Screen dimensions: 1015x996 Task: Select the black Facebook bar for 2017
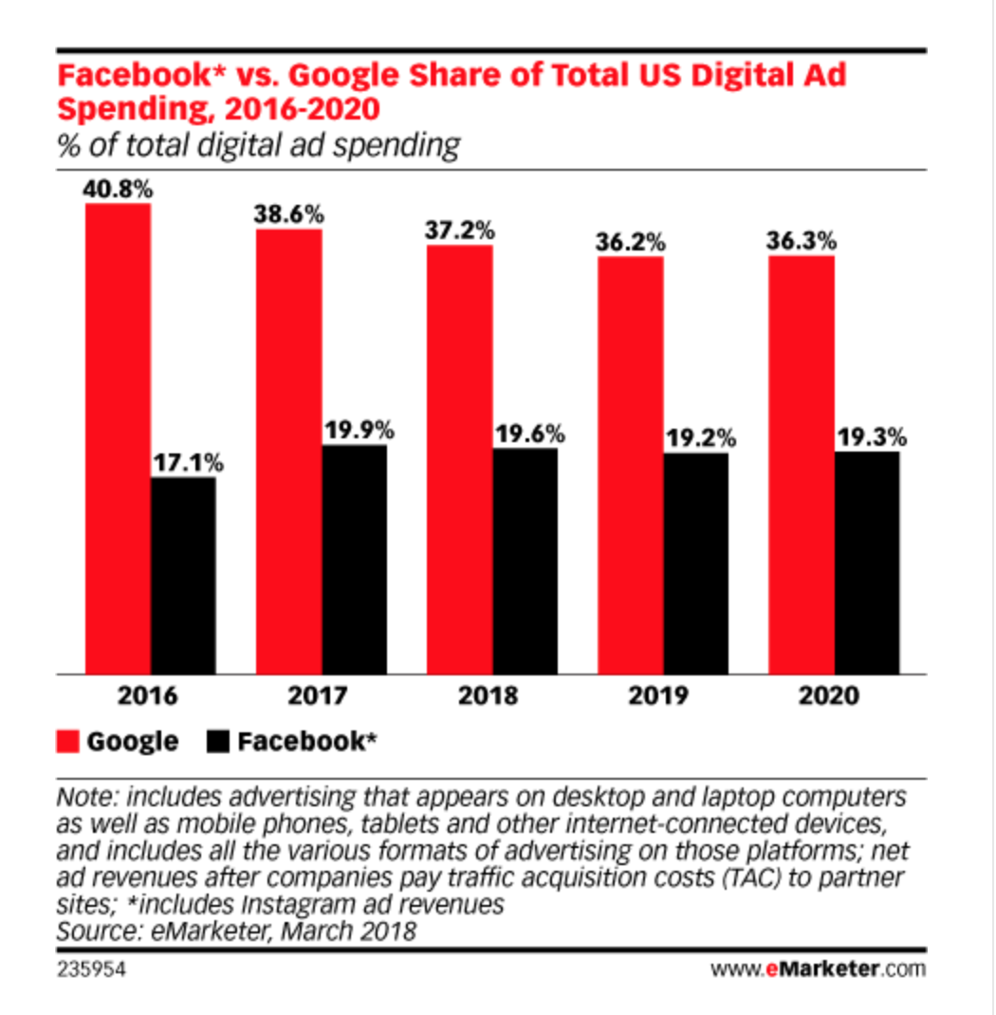click(354, 560)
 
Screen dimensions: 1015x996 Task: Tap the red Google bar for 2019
click(630, 465)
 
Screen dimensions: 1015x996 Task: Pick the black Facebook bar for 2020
click(867, 563)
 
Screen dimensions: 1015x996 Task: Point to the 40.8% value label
click(118, 189)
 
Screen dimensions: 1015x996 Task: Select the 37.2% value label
click(459, 231)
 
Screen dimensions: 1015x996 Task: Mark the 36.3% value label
click(802, 241)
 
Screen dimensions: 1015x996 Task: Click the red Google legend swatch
click(68, 741)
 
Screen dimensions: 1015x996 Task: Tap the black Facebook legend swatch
click(218, 741)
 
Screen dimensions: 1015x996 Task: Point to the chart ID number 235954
click(92, 969)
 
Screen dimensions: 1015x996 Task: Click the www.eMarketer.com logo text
click(817, 969)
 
